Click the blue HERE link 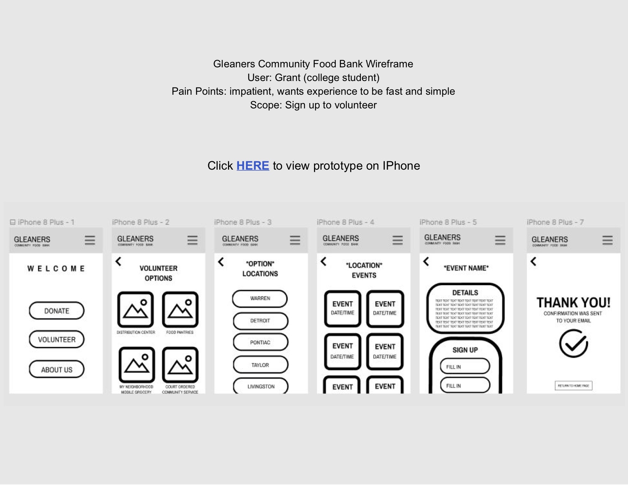[x=253, y=166]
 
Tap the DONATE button [x=57, y=311]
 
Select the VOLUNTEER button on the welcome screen [x=57, y=339]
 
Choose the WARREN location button [x=260, y=299]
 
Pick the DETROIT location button [x=260, y=321]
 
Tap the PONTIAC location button [x=260, y=342]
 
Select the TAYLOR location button [x=260, y=365]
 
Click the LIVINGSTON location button [x=261, y=386]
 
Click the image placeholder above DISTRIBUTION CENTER [x=135, y=310]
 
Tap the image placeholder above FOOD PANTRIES [x=180, y=310]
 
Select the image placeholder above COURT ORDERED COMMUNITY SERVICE [x=180, y=365]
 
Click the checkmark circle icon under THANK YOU [x=573, y=343]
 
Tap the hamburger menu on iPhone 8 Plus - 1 [x=90, y=240]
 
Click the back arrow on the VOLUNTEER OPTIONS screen [x=119, y=262]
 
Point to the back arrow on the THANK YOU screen [x=534, y=261]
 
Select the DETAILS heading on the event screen [x=465, y=293]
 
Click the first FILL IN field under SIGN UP [x=465, y=367]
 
